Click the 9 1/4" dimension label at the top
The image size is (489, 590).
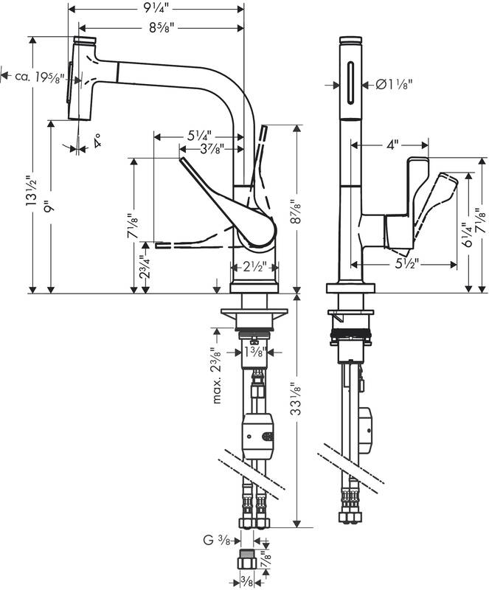tap(157, 8)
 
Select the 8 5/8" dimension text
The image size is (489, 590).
tap(161, 28)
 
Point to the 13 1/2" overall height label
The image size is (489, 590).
tap(32, 190)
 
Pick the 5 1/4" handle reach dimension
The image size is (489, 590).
tap(199, 136)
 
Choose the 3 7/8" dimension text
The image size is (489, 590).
tap(212, 149)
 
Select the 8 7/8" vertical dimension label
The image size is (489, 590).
tap(297, 212)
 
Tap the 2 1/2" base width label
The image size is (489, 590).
tap(255, 268)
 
